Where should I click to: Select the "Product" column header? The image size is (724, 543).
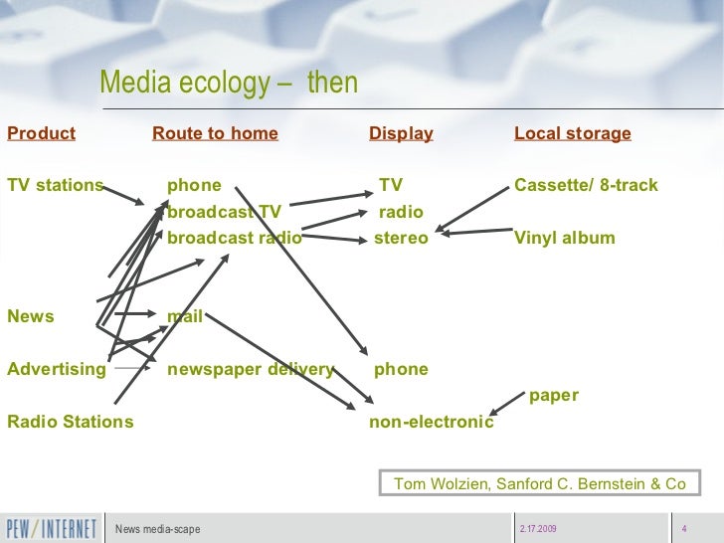click(x=41, y=133)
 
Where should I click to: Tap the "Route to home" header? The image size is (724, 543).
click(x=215, y=133)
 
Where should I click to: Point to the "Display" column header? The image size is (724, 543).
click(x=401, y=133)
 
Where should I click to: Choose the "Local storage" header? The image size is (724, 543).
click(x=572, y=133)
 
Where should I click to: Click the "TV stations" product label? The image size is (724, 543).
click(x=55, y=185)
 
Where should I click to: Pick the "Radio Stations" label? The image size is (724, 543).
click(x=70, y=422)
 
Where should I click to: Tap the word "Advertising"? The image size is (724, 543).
click(x=56, y=370)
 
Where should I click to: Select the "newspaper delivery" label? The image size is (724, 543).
click(x=250, y=370)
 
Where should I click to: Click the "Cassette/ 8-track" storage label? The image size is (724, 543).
click(x=586, y=185)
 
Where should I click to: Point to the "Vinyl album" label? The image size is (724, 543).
click(x=564, y=238)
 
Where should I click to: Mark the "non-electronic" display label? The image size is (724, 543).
click(x=431, y=422)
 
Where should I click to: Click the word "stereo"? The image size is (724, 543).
click(x=401, y=238)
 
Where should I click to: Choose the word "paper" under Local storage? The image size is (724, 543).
click(x=553, y=396)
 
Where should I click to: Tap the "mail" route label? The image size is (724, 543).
click(x=185, y=317)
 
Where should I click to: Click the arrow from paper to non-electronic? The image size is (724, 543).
click(x=508, y=403)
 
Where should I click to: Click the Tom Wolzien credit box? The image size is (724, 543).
click(x=540, y=483)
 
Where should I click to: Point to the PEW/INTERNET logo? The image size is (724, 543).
click(x=52, y=527)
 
